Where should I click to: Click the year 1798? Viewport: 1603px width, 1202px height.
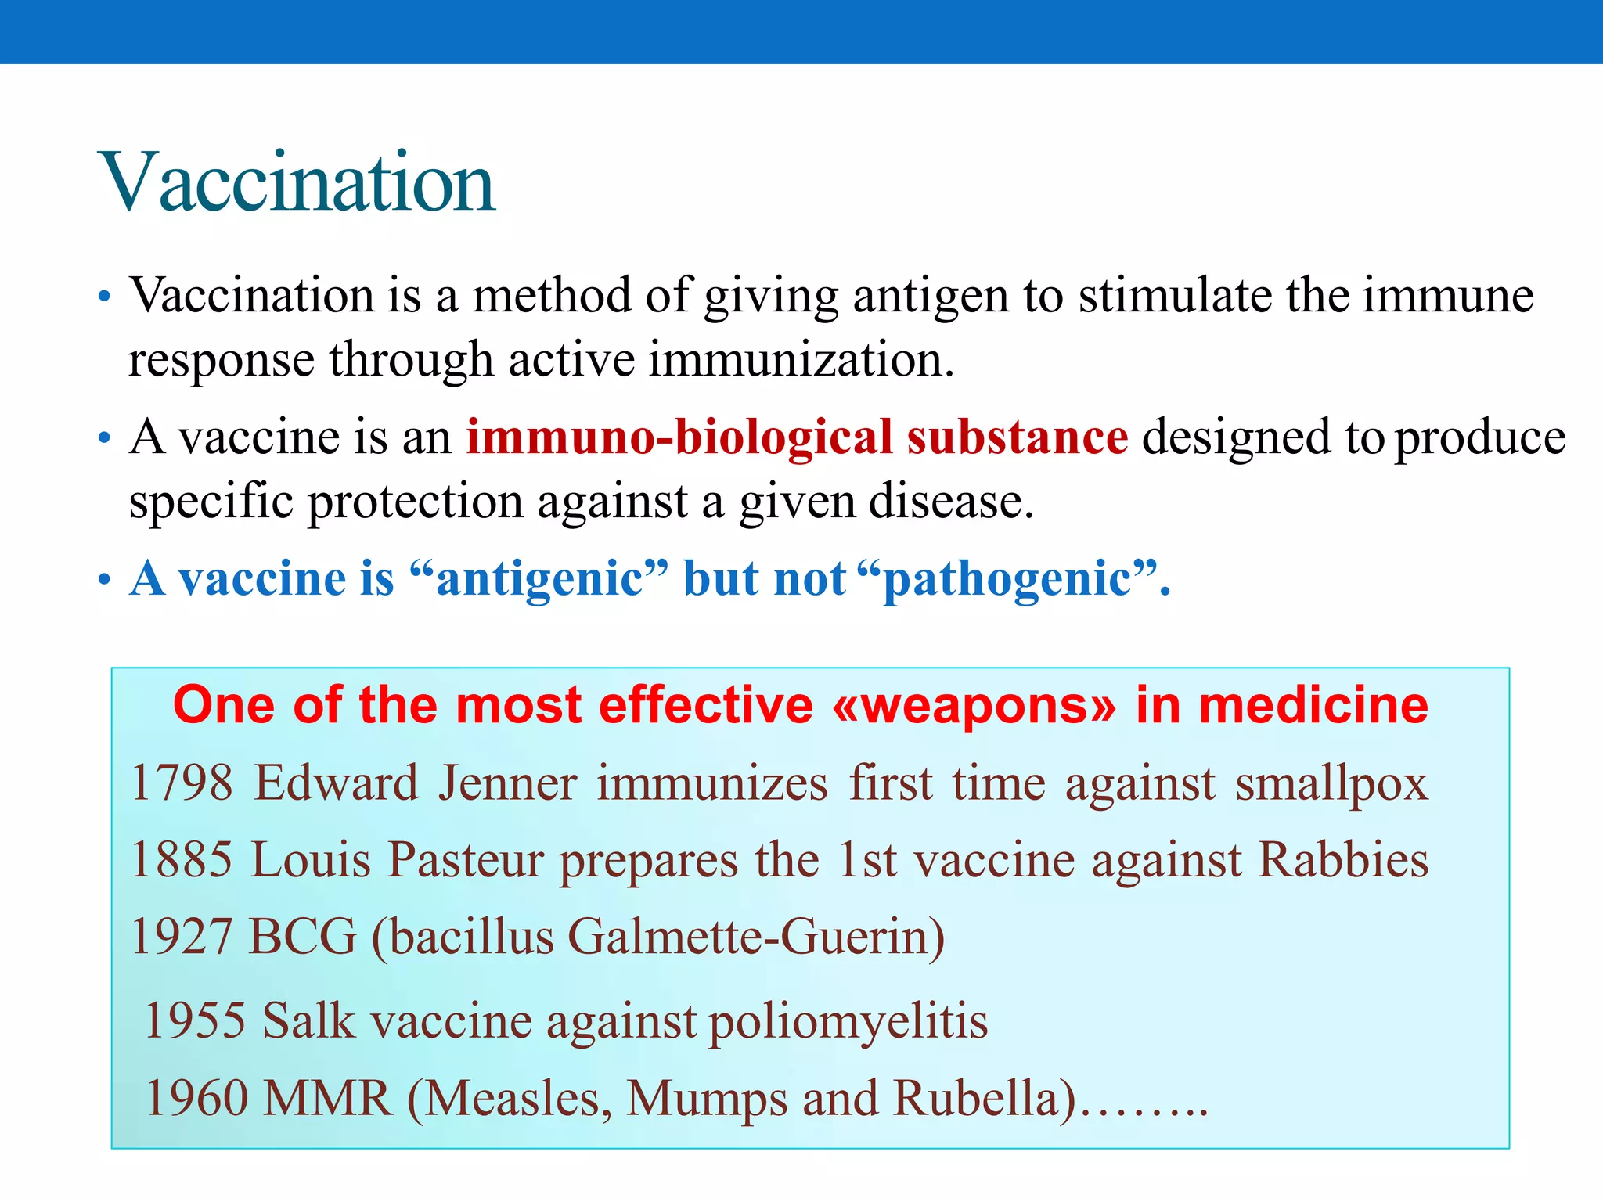tap(182, 783)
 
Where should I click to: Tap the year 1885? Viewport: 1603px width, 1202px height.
tap(182, 859)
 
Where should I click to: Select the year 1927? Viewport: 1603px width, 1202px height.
tap(182, 936)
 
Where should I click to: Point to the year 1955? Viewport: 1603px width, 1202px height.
tap(195, 1020)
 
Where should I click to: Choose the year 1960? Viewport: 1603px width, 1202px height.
tap(195, 1097)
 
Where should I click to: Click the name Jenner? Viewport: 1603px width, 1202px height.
tap(507, 783)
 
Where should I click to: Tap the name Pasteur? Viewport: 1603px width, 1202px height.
tap(465, 859)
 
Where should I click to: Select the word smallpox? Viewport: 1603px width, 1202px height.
tap(1331, 784)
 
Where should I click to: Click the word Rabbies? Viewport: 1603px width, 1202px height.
tap(1343, 859)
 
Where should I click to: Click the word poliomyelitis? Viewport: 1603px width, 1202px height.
tap(848, 1022)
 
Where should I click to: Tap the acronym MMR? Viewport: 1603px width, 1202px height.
tap(327, 1097)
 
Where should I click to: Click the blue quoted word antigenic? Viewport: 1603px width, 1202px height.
tap(539, 579)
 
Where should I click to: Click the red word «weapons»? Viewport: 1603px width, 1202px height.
tap(974, 705)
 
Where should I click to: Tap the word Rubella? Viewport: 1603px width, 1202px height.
tap(985, 1097)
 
